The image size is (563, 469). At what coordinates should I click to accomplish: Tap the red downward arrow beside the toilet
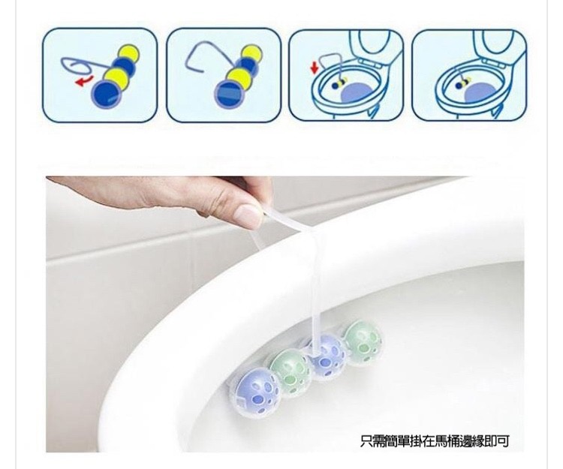pyautogui.click(x=315, y=67)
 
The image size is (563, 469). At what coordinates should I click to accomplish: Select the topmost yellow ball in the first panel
pyautogui.click(x=128, y=53)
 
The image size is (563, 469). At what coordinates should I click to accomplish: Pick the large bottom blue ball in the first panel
pyautogui.click(x=107, y=93)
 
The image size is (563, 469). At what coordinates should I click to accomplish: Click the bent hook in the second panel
pyautogui.click(x=210, y=54)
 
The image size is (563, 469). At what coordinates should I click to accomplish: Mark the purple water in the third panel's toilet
pyautogui.click(x=357, y=95)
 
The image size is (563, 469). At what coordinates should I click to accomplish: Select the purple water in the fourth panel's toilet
pyautogui.click(x=480, y=95)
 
